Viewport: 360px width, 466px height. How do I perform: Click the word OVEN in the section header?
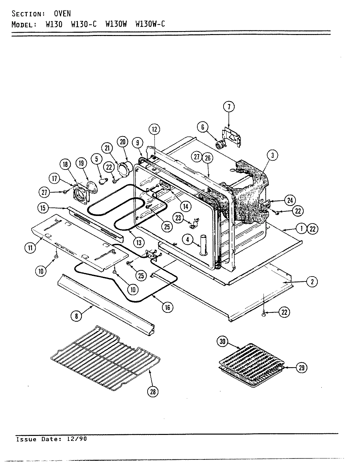pyautogui.click(x=62, y=13)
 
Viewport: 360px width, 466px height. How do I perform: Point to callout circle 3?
pyautogui.click(x=272, y=156)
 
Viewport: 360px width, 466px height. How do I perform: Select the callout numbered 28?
pyautogui.click(x=153, y=391)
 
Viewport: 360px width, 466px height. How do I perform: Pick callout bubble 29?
pyautogui.click(x=301, y=368)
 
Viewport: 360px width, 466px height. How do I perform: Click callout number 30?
pyautogui.click(x=223, y=342)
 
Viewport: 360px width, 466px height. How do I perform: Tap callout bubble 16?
pyautogui.click(x=167, y=307)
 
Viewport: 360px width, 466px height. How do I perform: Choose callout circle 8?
pyautogui.click(x=77, y=316)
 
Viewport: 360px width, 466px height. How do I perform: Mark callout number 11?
pyautogui.click(x=30, y=248)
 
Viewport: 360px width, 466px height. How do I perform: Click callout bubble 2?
pyautogui.click(x=312, y=281)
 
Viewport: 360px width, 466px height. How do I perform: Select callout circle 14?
pyautogui.click(x=185, y=206)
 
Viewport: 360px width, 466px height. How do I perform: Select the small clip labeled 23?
pyautogui.click(x=194, y=224)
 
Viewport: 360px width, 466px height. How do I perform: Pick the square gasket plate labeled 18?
pyautogui.click(x=81, y=195)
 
